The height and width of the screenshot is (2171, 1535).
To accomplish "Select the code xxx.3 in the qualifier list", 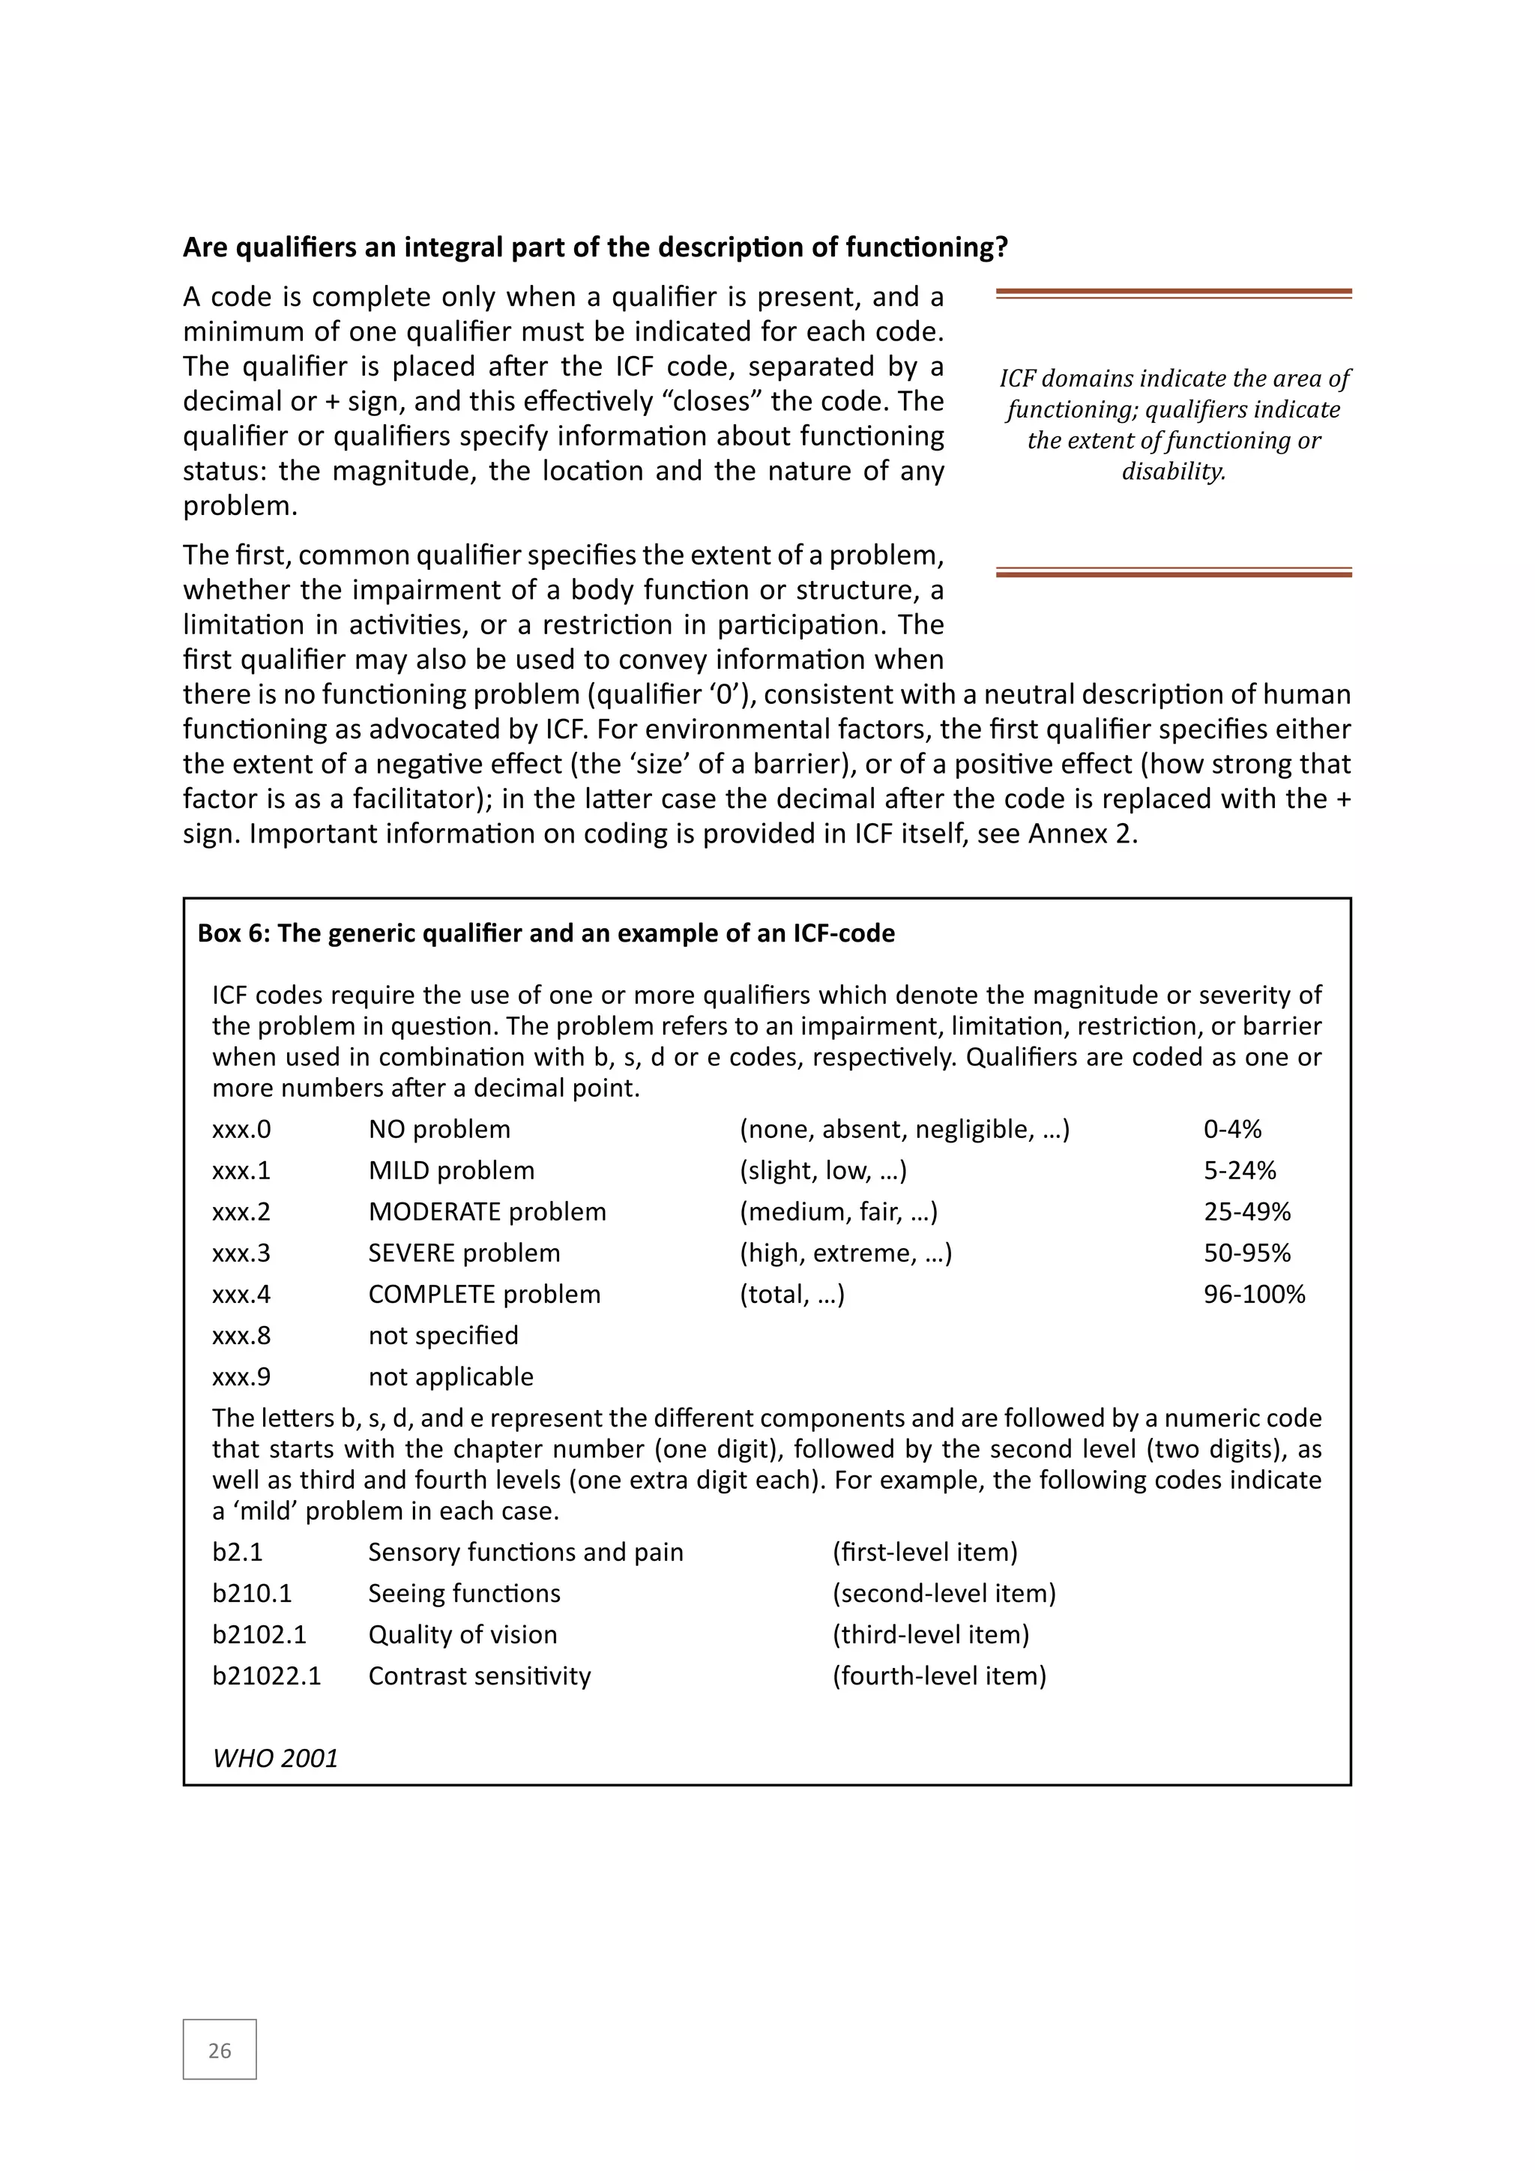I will (x=241, y=1253).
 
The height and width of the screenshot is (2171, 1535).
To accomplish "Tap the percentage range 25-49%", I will (x=1246, y=1211).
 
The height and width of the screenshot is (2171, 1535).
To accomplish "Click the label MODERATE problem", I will (x=486, y=1211).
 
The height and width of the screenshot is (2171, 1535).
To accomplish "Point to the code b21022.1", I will (x=267, y=1675).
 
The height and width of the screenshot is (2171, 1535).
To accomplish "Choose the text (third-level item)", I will (x=930, y=1634).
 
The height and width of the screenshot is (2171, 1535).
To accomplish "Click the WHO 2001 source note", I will (x=275, y=1758).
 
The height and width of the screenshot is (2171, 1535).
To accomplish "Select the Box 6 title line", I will (x=546, y=933).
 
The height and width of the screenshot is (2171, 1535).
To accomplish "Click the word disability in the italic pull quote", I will (x=1173, y=471).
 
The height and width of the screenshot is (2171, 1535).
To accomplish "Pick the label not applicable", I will (x=451, y=1376).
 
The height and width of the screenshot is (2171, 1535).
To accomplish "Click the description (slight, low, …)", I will (x=822, y=1171).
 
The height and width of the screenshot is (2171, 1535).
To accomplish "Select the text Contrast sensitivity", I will (x=479, y=1675).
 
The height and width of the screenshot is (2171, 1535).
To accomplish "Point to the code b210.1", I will (x=251, y=1593).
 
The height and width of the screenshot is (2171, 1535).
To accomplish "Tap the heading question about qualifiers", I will (x=594, y=247).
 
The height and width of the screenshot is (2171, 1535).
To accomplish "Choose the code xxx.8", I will (x=241, y=1335).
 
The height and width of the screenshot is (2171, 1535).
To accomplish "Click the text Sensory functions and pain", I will (x=525, y=1552).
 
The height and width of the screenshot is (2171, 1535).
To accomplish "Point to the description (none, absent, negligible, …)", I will (x=904, y=1129).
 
